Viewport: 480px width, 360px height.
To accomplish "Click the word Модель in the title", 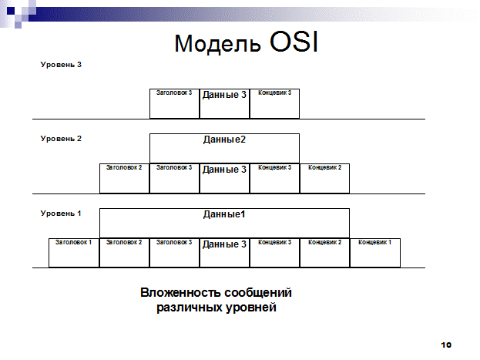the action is coord(217,43).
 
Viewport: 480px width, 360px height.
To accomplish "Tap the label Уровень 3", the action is coord(61,65).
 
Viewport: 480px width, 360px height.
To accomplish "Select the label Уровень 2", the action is coord(61,139).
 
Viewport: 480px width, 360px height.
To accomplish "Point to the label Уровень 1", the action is coord(61,214).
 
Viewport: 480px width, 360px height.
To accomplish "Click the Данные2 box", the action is coord(224,148).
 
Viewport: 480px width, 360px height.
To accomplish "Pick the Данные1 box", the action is coord(224,223).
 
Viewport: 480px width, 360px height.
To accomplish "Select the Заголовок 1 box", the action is coord(74,253).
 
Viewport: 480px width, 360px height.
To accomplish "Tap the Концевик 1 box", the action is coord(375,253).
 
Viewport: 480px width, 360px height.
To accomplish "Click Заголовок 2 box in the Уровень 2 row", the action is coord(124,178).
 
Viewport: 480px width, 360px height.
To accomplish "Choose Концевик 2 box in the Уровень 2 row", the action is coord(324,178).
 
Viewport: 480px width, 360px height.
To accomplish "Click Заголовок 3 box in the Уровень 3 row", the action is coord(174,103).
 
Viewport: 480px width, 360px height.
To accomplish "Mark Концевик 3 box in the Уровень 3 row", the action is coord(274,103).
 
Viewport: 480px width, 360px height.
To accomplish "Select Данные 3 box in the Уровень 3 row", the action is coord(224,103).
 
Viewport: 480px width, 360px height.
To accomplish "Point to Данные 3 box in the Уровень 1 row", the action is coord(224,253).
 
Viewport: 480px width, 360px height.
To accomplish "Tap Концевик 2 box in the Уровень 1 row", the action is coord(324,253).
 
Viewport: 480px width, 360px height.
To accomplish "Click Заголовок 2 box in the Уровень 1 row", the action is coord(124,253).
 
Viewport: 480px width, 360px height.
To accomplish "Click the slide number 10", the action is coord(446,345).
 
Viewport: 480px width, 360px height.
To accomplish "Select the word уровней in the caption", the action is coord(250,308).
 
